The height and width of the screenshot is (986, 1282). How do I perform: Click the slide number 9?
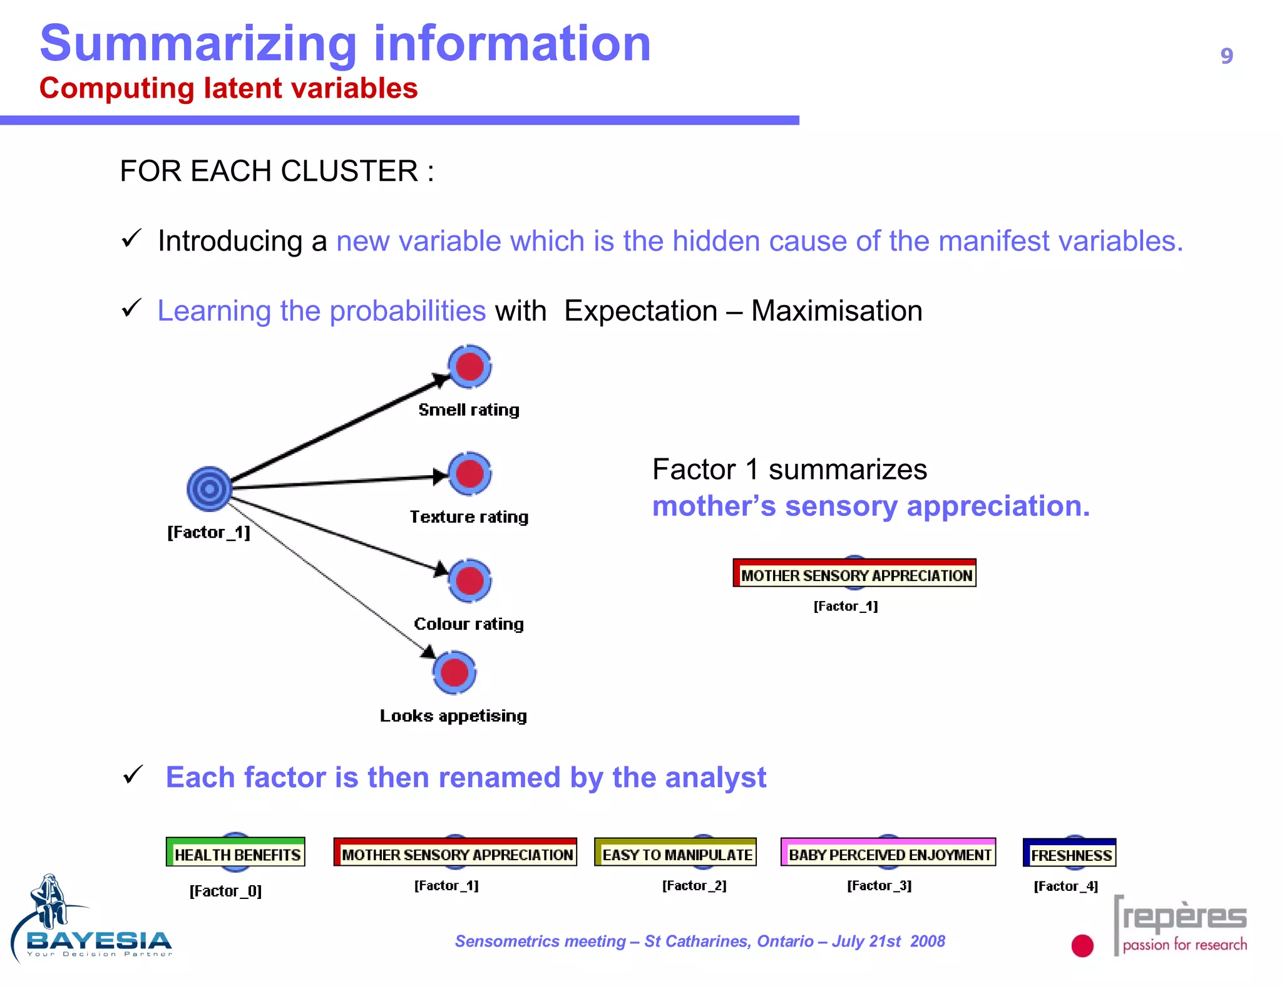pyautogui.click(x=1226, y=56)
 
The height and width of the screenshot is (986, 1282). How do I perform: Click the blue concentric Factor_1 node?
pyautogui.click(x=209, y=488)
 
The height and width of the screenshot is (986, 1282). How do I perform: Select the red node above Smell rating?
pyautogui.click(x=469, y=366)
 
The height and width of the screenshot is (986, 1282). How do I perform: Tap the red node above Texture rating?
pyautogui.click(x=469, y=473)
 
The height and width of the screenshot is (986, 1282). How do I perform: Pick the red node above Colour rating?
pyautogui.click(x=469, y=580)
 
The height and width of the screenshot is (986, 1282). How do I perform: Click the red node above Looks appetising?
pyautogui.click(x=454, y=673)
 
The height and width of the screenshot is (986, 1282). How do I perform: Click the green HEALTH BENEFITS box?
pyautogui.click(x=235, y=853)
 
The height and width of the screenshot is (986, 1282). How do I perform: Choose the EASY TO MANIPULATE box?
pyautogui.click(x=675, y=853)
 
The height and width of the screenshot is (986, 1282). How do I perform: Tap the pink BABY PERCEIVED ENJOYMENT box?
pyautogui.click(x=888, y=853)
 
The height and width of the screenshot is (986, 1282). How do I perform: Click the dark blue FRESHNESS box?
pyautogui.click(x=1070, y=854)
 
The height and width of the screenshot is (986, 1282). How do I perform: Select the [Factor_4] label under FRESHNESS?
pyautogui.click(x=1065, y=886)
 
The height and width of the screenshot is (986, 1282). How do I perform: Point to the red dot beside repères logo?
pyautogui.click(x=1082, y=945)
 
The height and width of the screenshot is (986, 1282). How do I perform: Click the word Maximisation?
pyautogui.click(x=836, y=311)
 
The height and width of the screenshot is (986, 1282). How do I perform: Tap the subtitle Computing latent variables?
pyautogui.click(x=228, y=88)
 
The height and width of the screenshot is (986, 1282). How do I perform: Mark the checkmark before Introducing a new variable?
pyautogui.click(x=132, y=239)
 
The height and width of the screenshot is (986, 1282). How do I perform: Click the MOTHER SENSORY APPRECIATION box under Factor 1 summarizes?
pyautogui.click(x=854, y=574)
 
